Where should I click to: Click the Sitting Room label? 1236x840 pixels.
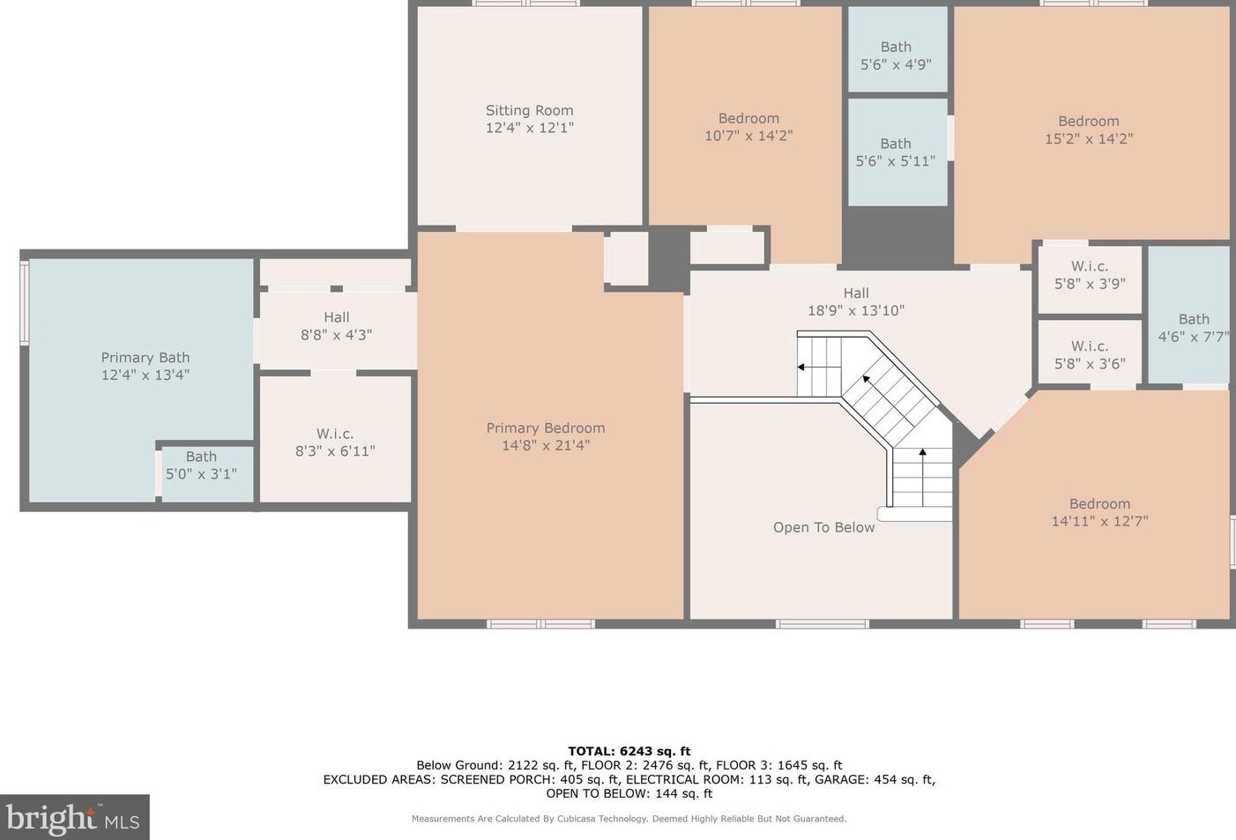pos(529,110)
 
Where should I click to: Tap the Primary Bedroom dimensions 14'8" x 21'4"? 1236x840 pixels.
pos(546,445)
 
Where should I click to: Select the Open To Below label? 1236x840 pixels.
pos(823,527)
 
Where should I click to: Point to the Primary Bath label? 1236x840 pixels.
pos(145,358)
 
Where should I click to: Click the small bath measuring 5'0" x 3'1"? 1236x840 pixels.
pos(206,472)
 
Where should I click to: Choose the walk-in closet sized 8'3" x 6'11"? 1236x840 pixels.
pos(335,439)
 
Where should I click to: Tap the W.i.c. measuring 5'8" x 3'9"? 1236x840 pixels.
pos(1090,279)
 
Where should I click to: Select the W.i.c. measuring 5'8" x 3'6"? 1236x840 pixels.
pos(1090,352)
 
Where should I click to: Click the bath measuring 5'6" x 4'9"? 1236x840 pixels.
pos(897,49)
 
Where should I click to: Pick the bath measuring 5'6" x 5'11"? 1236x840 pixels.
pos(897,152)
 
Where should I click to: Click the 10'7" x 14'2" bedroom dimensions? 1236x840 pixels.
pos(748,136)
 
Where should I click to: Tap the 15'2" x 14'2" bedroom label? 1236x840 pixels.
pos(1089,122)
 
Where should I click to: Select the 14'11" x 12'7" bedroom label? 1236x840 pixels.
pos(1099,504)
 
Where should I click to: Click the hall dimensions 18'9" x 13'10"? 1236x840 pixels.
pos(856,310)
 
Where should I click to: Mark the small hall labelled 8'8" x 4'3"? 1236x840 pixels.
pos(337,330)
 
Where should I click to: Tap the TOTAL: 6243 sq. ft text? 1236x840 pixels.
pos(629,751)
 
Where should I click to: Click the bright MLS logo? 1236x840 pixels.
pos(74,817)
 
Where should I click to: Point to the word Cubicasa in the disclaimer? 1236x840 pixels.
pos(578,819)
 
